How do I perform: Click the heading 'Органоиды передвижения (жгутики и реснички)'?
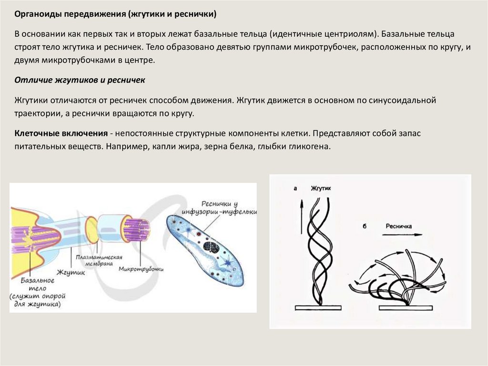(x=115, y=14)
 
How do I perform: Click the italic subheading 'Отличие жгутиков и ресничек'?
(x=80, y=80)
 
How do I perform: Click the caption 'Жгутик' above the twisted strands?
(x=321, y=188)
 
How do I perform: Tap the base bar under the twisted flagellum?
(x=318, y=308)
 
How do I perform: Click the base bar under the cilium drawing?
(x=406, y=308)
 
